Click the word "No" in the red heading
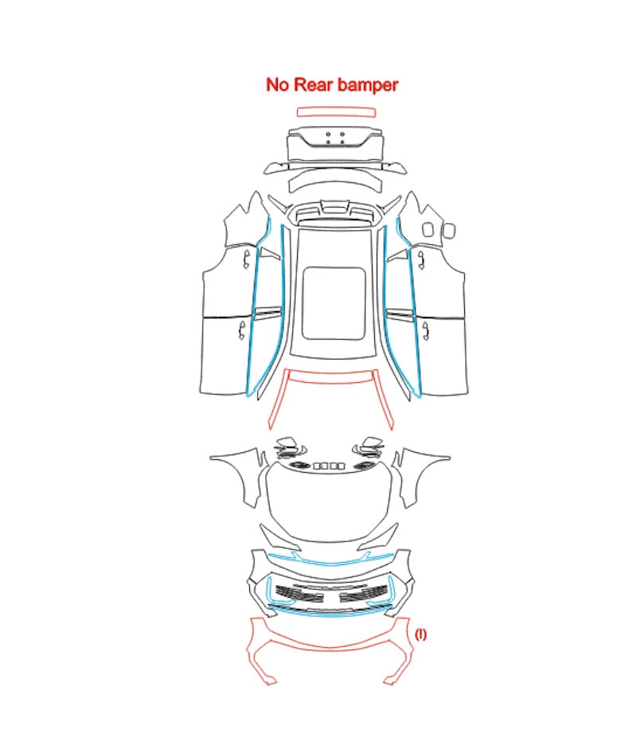coord(277,84)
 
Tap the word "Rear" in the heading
coord(314,84)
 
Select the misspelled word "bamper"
coord(368,85)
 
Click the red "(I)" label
coord(420,634)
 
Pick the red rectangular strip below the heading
coord(336,112)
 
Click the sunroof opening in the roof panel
coord(334,304)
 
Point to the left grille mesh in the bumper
coord(299,593)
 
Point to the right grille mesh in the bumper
coord(364,593)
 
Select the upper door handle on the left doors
coord(246,259)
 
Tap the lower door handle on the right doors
coord(425,331)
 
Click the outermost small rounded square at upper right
coord(449,230)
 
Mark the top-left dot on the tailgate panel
coord(328,135)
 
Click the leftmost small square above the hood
coord(317,466)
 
